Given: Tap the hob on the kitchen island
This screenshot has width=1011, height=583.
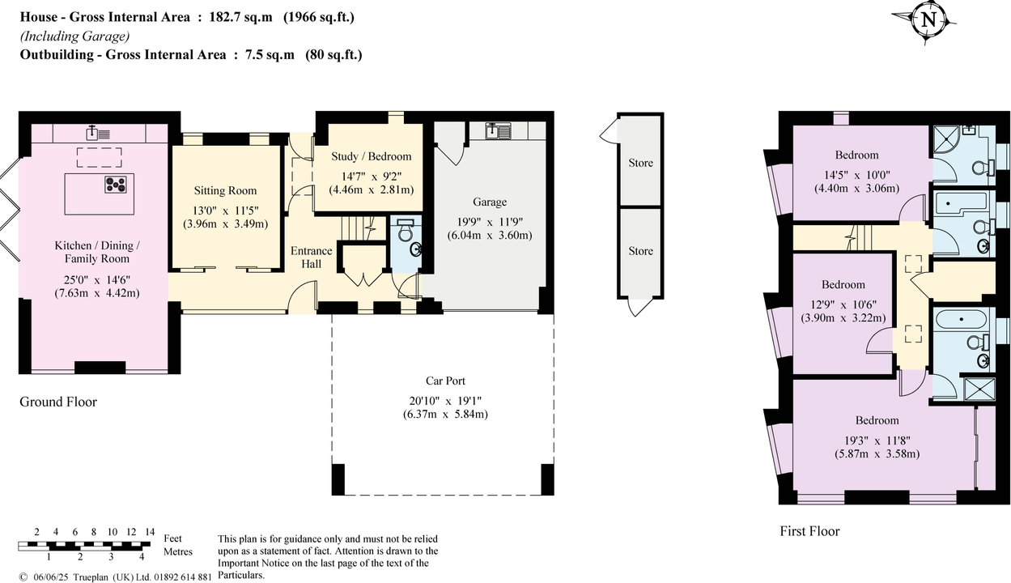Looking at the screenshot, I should tap(115, 184).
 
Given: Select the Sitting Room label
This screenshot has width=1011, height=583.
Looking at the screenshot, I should tap(225, 191).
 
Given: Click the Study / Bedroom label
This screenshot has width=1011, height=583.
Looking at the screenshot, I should tap(372, 156).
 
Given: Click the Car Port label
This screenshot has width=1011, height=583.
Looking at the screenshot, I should tap(445, 381).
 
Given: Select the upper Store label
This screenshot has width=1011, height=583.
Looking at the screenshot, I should tap(640, 163).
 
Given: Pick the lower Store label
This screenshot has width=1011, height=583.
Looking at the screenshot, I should tap(640, 251).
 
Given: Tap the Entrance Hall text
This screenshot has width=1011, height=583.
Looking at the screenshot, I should tap(311, 257).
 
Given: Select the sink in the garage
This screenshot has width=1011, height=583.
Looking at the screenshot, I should tap(497, 129).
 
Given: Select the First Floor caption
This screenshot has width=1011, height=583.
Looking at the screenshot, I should tap(809, 531).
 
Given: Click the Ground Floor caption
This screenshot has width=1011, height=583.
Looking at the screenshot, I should tap(58, 402).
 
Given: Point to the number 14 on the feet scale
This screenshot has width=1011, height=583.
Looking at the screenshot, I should tap(149, 532).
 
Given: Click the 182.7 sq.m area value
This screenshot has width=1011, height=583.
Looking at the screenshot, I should tap(240, 17).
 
